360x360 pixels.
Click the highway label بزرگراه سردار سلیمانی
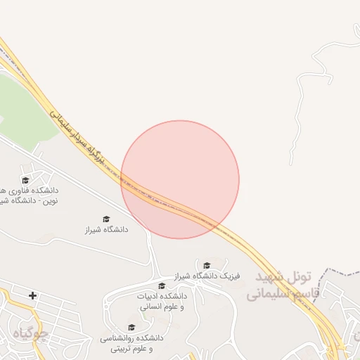click(x=77, y=136)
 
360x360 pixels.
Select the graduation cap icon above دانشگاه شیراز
click(x=106, y=219)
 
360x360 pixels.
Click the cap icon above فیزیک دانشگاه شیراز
click(x=207, y=265)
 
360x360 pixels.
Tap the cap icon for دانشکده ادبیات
click(x=162, y=285)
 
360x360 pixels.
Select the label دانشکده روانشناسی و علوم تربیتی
click(x=131, y=342)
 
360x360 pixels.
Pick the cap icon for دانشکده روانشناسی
click(x=131, y=327)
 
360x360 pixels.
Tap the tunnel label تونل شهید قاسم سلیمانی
click(x=283, y=285)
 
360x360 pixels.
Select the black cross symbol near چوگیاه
click(x=32, y=295)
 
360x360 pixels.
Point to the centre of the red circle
click(x=180, y=180)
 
